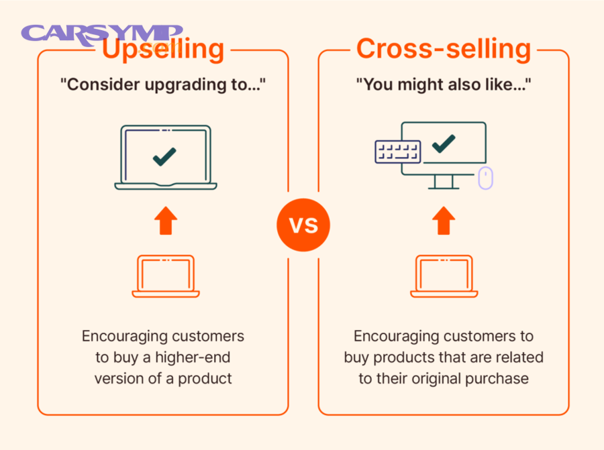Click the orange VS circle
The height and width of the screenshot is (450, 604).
point(303,225)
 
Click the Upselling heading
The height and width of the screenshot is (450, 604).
point(163,49)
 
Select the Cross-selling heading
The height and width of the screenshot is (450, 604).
point(444,49)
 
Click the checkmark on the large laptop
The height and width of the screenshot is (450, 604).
point(164,156)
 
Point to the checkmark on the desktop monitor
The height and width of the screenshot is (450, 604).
point(443,143)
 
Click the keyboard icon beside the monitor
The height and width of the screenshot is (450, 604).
point(397,152)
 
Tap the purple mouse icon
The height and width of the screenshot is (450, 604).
point(485,178)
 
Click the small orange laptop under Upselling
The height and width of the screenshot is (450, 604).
point(165,276)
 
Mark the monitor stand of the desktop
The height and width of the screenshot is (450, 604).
point(442,182)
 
